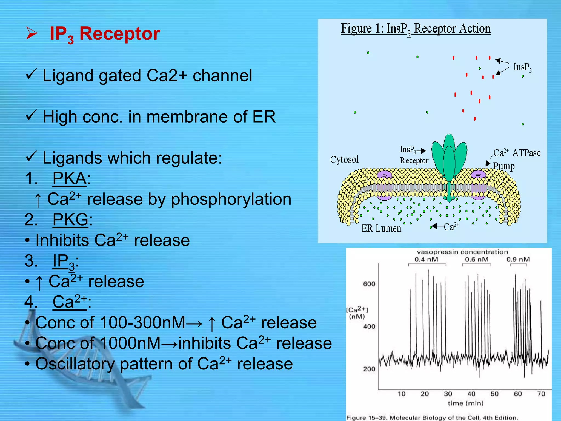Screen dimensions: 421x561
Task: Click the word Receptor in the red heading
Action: [119, 34]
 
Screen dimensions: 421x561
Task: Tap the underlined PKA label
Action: [70, 178]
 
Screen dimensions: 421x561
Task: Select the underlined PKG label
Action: [70, 220]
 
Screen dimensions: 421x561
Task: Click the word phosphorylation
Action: [231, 199]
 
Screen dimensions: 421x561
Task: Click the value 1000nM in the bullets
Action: [130, 343]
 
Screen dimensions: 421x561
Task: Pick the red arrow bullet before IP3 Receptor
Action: [32, 33]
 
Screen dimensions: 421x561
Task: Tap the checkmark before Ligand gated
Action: [31, 74]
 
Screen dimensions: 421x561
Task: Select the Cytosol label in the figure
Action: [344, 159]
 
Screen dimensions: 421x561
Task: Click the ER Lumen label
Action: [381, 228]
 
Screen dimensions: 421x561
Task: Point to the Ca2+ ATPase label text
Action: [517, 153]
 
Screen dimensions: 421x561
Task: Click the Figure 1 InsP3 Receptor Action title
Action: [415, 29]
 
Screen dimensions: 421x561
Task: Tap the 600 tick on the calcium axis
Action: [369, 284]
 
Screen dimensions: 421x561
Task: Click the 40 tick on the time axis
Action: [471, 394]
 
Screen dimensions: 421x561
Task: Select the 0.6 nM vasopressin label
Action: [477, 259]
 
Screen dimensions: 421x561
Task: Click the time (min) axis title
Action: [465, 403]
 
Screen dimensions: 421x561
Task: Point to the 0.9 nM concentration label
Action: [518, 259]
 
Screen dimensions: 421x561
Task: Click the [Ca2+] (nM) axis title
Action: [357, 313]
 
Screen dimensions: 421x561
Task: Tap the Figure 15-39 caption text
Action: [432, 417]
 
